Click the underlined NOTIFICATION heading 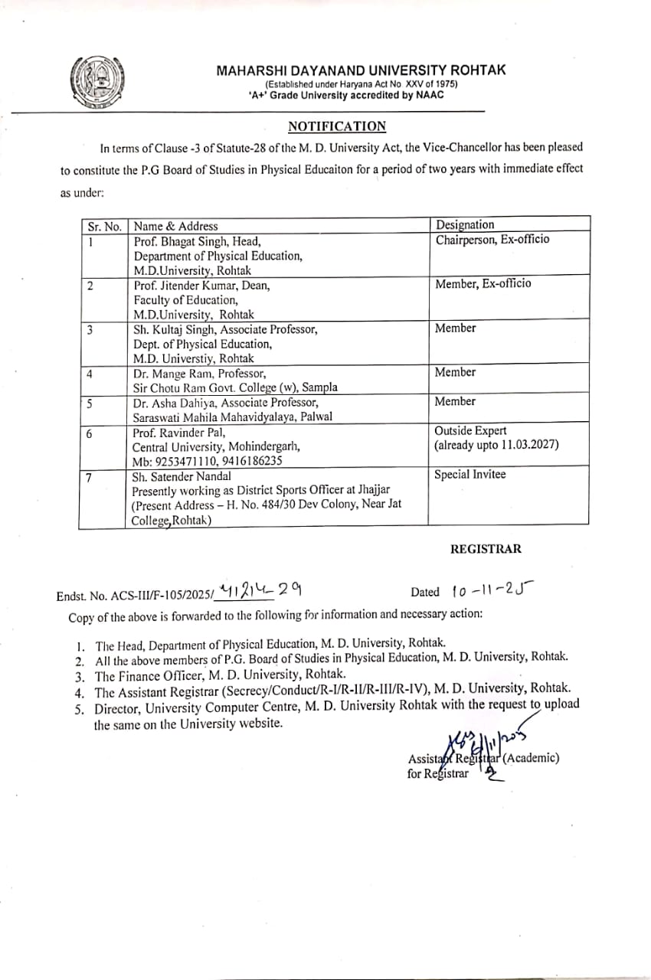click(x=337, y=126)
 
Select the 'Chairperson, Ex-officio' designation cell click(x=492, y=240)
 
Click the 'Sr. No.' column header click(x=103, y=226)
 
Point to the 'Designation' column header click(x=465, y=224)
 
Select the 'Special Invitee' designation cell click(x=470, y=475)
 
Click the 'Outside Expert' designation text click(x=470, y=431)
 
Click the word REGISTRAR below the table click(x=486, y=549)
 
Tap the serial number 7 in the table click(x=90, y=477)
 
